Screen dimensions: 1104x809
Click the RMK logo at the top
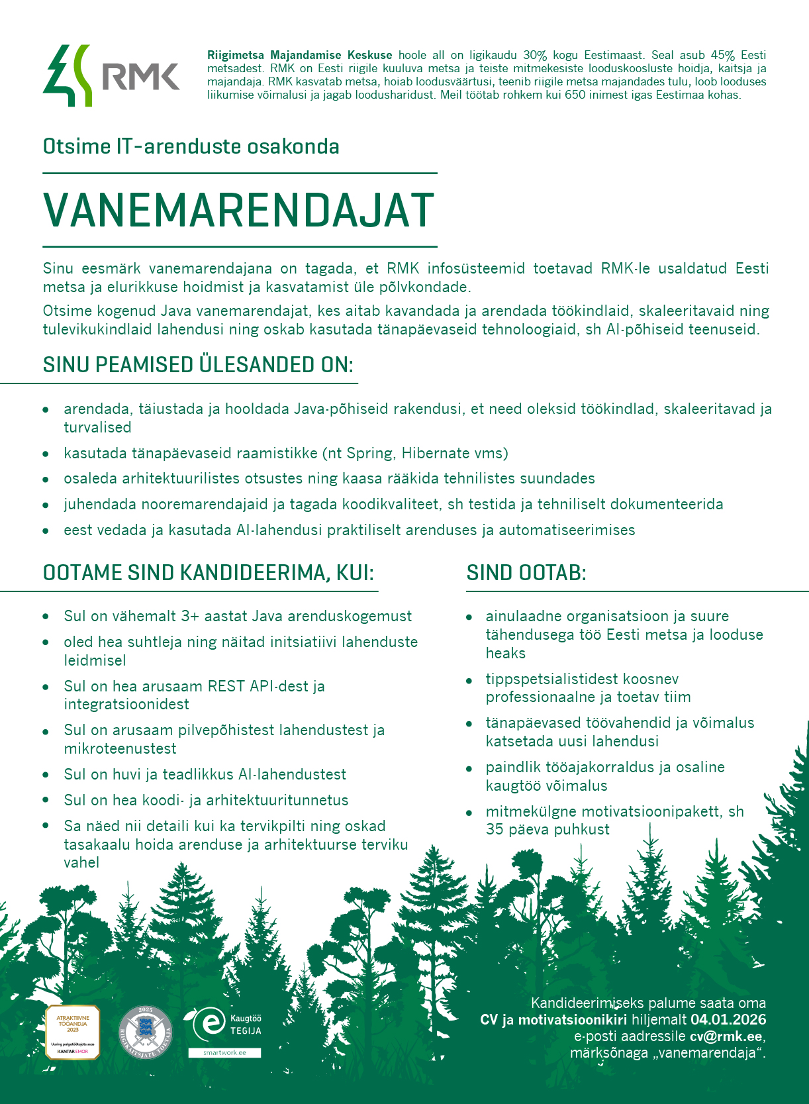pos(111,75)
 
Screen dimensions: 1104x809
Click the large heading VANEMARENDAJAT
pos(238,211)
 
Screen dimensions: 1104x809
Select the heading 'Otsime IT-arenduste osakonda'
pos(191,146)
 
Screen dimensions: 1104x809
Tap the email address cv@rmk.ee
pos(726,1036)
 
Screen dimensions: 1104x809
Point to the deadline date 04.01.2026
pos(728,1020)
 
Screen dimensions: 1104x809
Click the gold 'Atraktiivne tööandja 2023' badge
pos(72,1031)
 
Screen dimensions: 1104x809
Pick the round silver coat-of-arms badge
pos(145,1032)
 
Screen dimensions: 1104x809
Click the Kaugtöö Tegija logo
pos(225,1024)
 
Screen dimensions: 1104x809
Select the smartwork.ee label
pos(224,1052)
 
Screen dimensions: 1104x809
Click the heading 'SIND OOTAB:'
pos(526,573)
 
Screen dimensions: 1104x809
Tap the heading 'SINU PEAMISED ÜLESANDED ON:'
pos(198,365)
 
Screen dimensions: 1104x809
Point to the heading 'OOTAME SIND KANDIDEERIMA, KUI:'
pos(209,573)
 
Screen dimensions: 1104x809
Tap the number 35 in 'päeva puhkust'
pos(495,830)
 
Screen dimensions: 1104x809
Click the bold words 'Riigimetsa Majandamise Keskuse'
pos(299,56)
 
